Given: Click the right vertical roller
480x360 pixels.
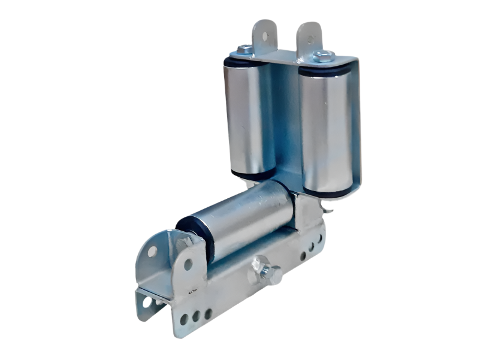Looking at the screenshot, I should click(324, 128).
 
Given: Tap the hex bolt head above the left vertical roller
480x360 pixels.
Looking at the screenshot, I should click(244, 50).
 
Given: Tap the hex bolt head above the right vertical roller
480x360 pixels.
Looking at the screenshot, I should click(324, 56).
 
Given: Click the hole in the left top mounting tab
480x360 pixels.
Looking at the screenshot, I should click(264, 34).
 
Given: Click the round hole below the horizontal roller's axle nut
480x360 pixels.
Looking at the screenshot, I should click(188, 264).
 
